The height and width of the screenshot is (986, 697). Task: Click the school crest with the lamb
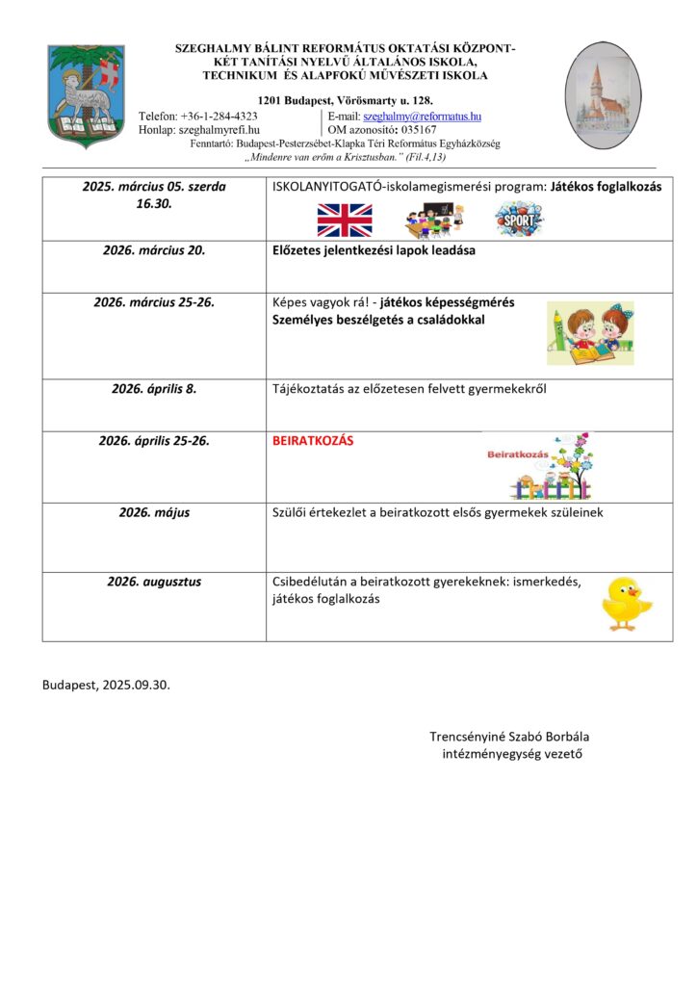[x=86, y=95]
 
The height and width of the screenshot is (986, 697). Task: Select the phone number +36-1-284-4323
[x=219, y=116]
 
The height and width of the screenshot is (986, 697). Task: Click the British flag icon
[x=345, y=220]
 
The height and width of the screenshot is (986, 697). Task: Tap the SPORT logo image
[x=519, y=220]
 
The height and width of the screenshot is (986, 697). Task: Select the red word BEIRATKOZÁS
[x=314, y=441]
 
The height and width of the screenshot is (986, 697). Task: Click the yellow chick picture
[x=626, y=603]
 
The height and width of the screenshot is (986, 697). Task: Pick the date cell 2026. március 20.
[x=154, y=250]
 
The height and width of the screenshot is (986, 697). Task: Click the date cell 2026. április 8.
[x=154, y=390]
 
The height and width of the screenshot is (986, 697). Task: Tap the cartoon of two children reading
[x=590, y=333]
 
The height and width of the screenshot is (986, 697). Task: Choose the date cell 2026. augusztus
[x=154, y=582]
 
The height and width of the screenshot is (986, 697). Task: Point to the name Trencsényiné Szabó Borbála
[x=509, y=737]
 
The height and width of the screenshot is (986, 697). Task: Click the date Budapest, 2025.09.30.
[x=112, y=685]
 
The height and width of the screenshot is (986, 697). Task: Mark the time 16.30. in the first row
[x=154, y=204]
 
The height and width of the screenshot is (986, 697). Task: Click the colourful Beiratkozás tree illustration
[x=540, y=465]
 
